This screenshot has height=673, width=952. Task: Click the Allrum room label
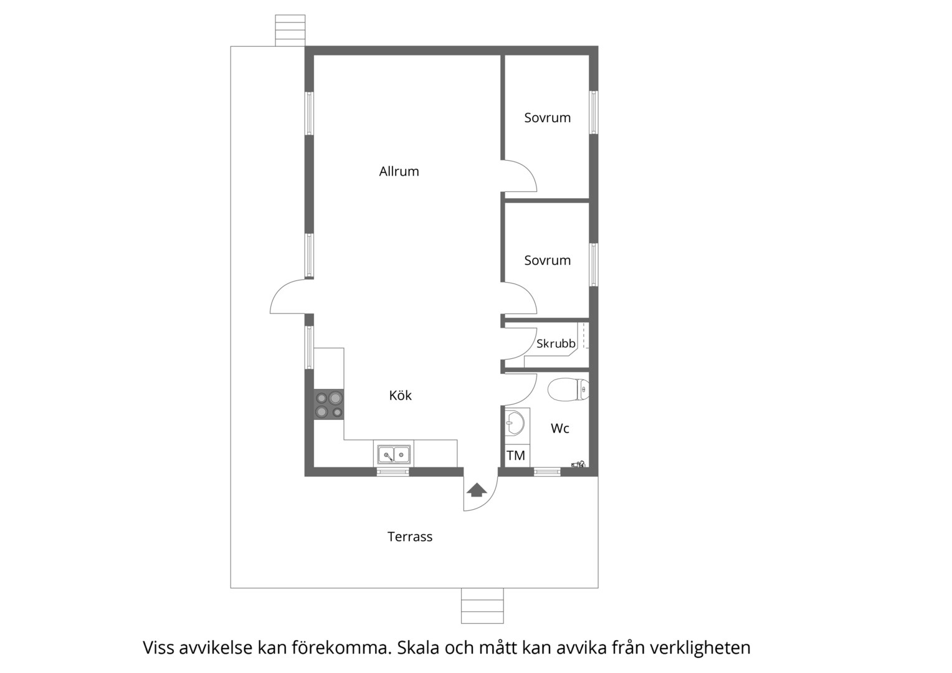(399, 171)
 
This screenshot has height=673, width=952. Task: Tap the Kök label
(401, 395)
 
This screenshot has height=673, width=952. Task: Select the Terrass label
(410, 537)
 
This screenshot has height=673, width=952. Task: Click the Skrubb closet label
(556, 343)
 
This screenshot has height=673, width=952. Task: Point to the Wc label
(559, 429)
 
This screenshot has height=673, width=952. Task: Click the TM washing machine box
(516, 456)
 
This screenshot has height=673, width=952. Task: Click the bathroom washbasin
(515, 424)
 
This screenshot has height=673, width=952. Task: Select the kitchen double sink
(394, 455)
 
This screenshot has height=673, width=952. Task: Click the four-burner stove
(329, 404)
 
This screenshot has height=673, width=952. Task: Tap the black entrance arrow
(477, 490)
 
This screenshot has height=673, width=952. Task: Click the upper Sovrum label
(548, 118)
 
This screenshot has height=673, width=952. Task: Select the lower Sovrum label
(548, 260)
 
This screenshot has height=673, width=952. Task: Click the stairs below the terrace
(482, 606)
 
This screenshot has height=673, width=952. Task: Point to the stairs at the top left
(290, 31)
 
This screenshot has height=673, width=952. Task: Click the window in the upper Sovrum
(593, 113)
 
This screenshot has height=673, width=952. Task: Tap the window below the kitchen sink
(393, 472)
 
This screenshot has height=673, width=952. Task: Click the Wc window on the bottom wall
(547, 472)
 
